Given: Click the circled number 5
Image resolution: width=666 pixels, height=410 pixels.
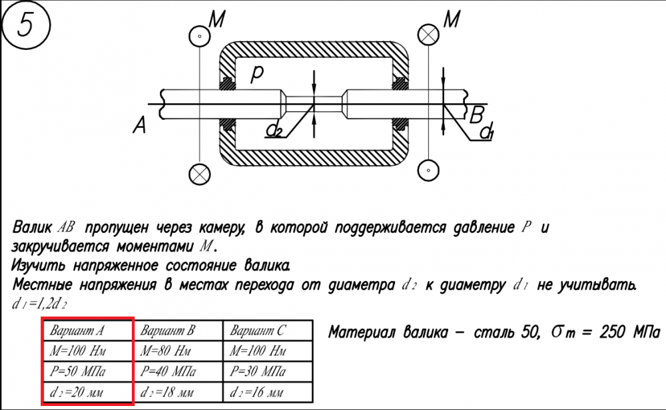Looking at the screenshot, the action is (27, 25).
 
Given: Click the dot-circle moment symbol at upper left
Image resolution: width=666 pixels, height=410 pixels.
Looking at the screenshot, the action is (199, 37).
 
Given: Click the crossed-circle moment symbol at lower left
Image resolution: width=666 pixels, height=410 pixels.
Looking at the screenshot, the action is (199, 174).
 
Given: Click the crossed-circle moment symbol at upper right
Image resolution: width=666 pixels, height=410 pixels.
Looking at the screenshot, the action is (428, 35).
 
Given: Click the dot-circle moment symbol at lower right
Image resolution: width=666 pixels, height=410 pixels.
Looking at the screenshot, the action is (428, 170).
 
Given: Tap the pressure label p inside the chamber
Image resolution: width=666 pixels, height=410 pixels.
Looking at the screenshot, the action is (256, 74).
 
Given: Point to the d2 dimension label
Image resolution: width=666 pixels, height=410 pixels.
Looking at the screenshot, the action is (274, 129).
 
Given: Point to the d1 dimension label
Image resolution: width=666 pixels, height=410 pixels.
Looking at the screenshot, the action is (487, 131).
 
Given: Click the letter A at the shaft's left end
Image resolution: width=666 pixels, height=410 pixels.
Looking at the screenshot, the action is (139, 124).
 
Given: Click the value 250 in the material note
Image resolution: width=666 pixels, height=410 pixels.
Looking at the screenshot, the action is (613, 332).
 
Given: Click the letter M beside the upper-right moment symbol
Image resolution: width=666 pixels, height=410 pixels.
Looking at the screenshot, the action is (452, 19).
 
